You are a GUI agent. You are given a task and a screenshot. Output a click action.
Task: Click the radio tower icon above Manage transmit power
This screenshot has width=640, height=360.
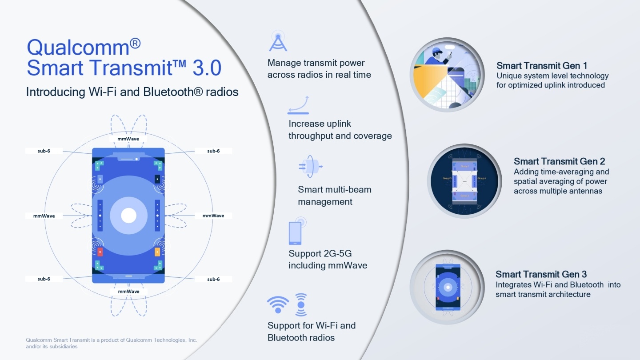point(278,41)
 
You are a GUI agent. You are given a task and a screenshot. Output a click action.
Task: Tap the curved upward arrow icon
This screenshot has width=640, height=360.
point(299,105)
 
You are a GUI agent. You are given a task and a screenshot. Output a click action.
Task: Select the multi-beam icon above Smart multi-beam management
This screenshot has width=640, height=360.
point(310,167)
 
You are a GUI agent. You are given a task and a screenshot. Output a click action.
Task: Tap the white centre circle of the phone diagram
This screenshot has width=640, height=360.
point(129,216)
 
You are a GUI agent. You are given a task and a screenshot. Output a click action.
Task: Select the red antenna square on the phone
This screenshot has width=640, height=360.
point(100,252)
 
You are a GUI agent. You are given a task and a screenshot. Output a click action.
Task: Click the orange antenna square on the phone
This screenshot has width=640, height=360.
point(157,252)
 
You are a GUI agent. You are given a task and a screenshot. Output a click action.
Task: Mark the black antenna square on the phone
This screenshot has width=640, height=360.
point(157,179)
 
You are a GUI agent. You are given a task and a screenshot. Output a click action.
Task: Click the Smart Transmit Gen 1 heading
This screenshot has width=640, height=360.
point(542,66)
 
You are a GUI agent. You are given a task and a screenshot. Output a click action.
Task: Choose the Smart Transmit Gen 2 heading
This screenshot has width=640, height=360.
point(559,161)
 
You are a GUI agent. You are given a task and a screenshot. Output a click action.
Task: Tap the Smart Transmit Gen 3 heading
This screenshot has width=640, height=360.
point(541,274)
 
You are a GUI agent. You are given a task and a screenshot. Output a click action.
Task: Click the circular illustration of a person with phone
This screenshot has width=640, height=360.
point(447,74)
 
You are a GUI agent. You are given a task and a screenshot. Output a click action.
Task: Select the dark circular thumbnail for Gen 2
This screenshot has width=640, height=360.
point(464,181)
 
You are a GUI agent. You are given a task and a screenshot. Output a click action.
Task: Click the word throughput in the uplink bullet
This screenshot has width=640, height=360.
point(311,136)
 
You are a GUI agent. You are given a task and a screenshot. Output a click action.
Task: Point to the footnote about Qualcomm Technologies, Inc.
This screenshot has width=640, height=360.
point(111,343)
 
